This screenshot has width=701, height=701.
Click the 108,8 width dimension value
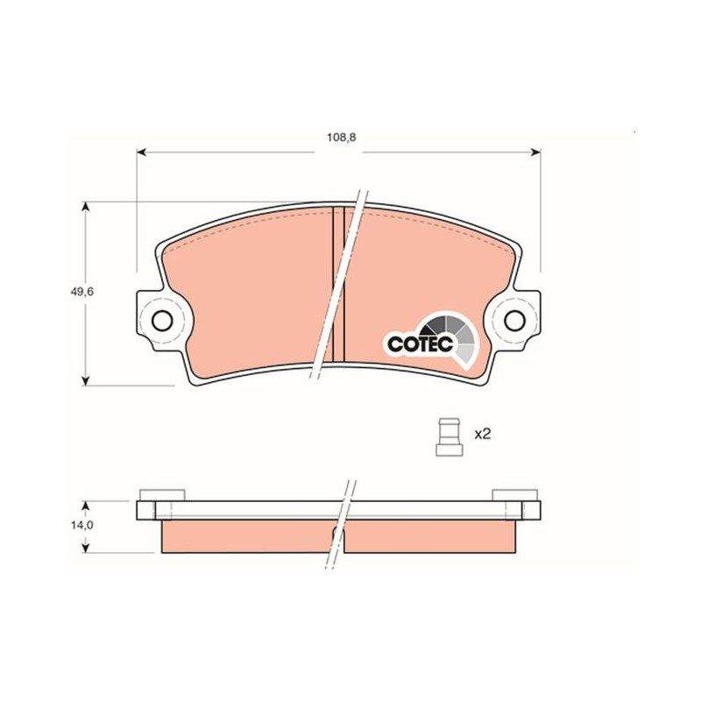[341, 138]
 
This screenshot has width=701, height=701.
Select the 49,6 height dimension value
[81, 292]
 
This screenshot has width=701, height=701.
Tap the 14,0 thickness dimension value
[81, 525]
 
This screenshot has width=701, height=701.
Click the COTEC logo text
[421, 343]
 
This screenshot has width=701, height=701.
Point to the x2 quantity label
[483, 434]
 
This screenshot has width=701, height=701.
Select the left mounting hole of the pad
[162, 321]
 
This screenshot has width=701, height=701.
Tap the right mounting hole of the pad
[514, 321]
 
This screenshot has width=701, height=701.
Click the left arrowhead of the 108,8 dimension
[141, 152]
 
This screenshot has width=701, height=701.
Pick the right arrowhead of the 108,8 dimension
[535, 152]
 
